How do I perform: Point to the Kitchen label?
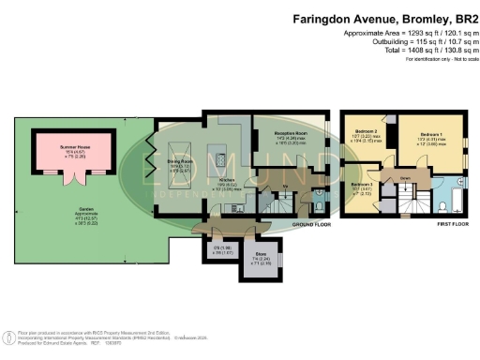(226, 179)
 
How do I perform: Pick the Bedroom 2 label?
(366, 132)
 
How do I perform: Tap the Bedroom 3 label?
(362, 185)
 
